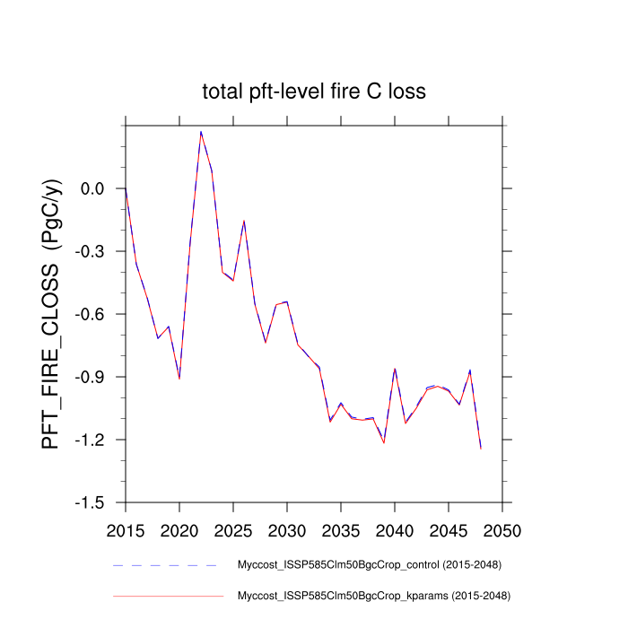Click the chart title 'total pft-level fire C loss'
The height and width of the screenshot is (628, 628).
313,92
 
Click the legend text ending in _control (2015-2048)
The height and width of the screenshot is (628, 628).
368,565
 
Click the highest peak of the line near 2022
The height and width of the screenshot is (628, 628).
201,132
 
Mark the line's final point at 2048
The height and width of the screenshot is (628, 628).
481,448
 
